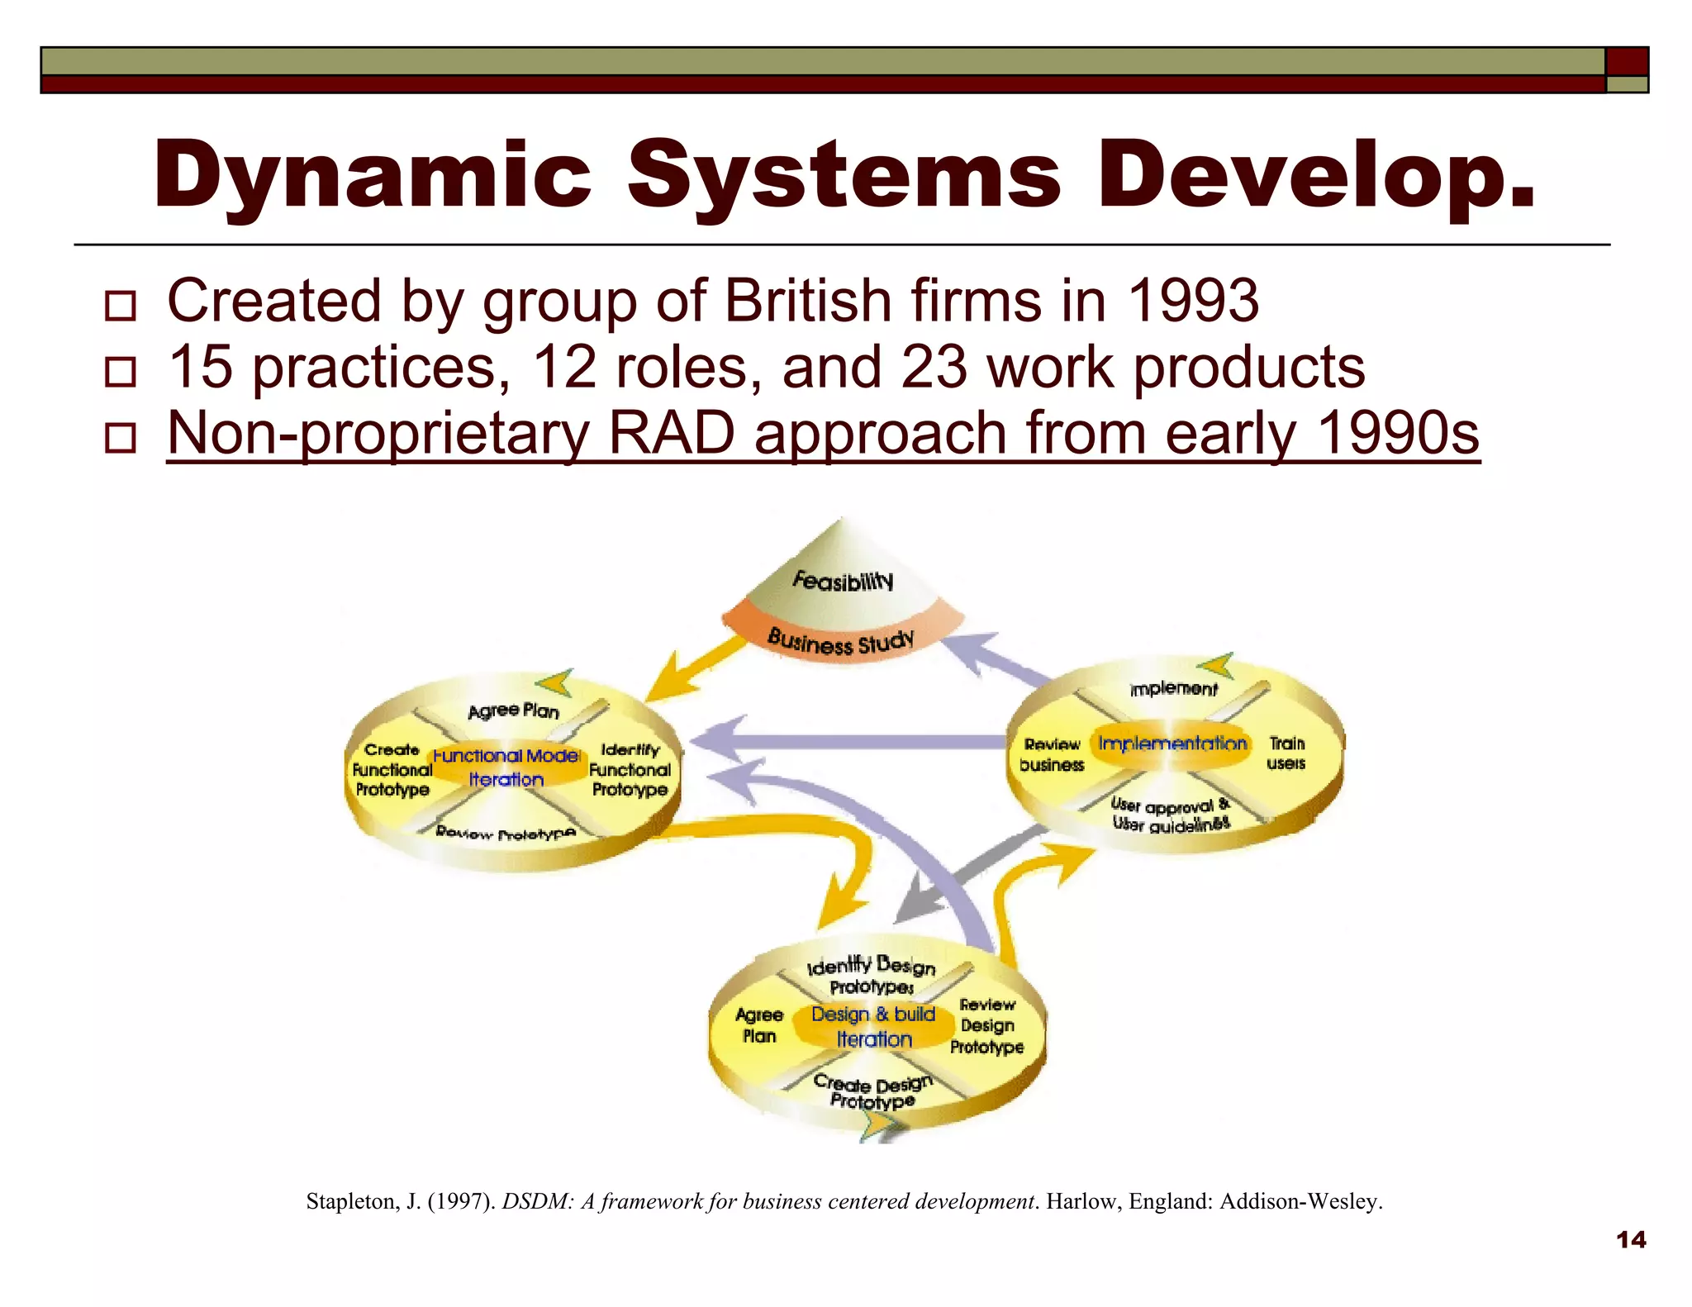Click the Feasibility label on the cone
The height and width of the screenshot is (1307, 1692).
pos(843,581)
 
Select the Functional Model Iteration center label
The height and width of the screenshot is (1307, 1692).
pos(506,768)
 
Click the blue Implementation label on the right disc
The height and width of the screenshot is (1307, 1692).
pos(1172,744)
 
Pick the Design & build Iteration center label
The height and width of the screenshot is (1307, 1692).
pos(873,1026)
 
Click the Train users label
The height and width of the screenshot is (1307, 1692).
pos(1286,753)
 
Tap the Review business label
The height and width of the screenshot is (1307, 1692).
pos(1052,755)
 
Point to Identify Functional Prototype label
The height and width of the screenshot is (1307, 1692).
pos(630,770)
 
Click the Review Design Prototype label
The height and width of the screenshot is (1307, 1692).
pos(987,1026)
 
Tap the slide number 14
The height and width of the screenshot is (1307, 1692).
pos(1631,1239)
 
